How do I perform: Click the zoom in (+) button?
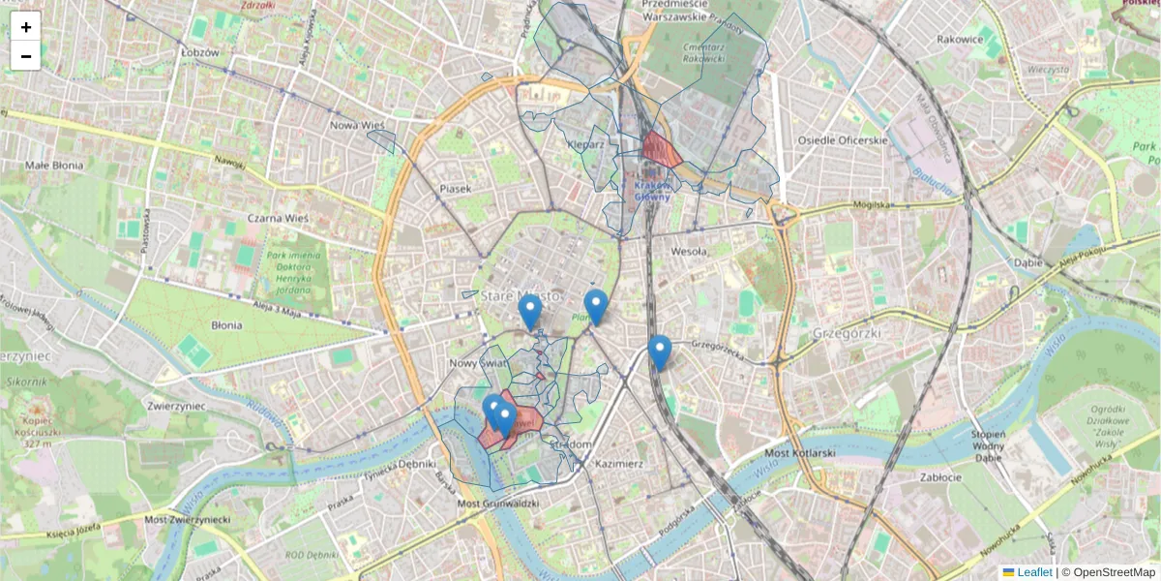(26, 27)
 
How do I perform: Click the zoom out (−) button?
(26, 56)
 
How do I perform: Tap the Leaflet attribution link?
(1033, 572)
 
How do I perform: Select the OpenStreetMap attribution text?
(1114, 572)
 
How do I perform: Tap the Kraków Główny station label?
(652, 191)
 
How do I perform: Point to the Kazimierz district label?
(619, 464)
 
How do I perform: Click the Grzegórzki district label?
(845, 332)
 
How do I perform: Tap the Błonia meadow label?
(226, 325)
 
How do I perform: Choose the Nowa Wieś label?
(358, 126)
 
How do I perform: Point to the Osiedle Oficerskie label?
(842, 140)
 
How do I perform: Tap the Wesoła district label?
(689, 252)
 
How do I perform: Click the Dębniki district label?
(417, 464)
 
